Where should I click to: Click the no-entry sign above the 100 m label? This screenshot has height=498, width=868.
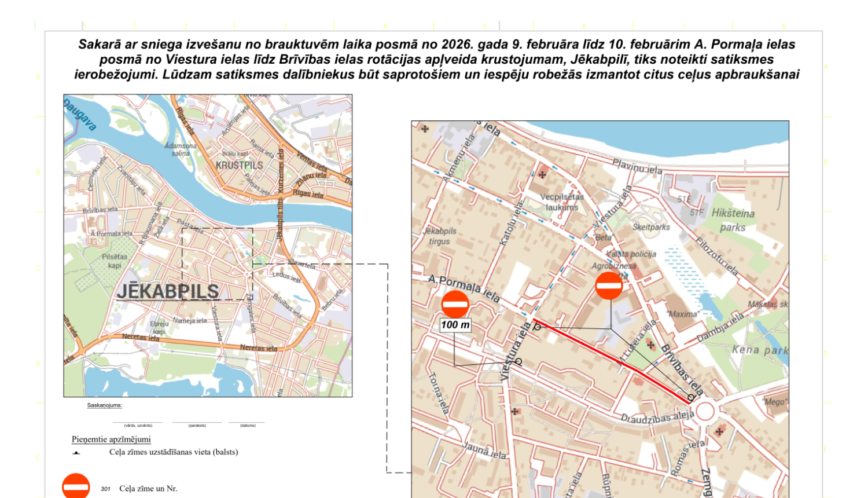(455, 304)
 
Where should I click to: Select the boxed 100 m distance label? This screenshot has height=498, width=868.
(455, 325)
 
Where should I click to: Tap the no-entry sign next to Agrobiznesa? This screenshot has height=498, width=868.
(609, 285)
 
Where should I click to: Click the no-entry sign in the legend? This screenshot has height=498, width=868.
(76, 487)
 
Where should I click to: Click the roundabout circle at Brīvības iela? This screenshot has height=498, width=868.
(704, 411)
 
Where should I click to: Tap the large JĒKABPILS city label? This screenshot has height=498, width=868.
(168, 291)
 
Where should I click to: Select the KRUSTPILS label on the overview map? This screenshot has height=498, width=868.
(239, 165)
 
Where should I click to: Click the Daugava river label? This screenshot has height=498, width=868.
(79, 115)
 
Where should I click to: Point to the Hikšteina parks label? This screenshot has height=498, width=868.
(733, 220)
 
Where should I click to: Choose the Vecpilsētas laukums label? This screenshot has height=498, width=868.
(562, 202)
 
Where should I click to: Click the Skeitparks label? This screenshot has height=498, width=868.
(651, 227)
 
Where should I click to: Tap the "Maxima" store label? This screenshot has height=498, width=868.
(683, 314)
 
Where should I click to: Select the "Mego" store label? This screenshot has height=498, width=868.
(774, 402)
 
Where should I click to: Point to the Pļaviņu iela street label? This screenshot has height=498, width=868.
(637, 167)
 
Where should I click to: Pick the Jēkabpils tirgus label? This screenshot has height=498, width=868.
(440, 236)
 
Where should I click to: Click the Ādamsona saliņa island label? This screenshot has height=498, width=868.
(181, 149)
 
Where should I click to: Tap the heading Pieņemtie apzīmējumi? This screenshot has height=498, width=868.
(111, 439)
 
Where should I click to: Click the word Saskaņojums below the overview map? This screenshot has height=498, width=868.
(105, 405)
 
